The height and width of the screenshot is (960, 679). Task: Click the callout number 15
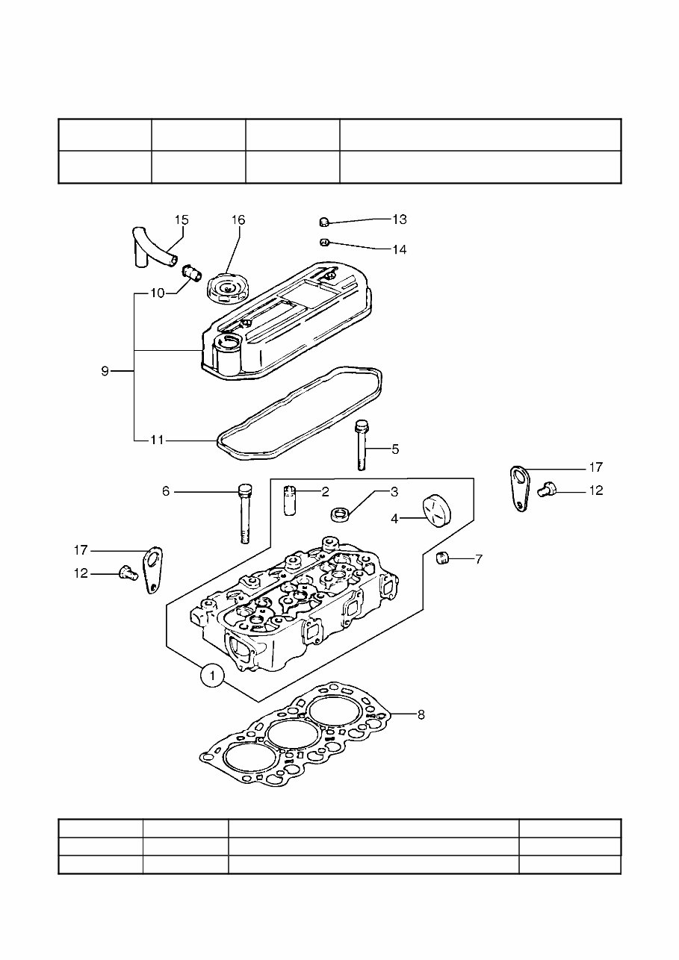point(182,219)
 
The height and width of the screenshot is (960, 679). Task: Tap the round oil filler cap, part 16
point(228,289)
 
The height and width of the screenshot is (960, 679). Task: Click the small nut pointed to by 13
point(324,221)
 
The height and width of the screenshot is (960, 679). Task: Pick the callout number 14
point(400,249)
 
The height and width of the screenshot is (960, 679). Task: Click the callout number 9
point(105,371)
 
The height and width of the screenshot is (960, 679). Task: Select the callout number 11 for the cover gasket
point(156,440)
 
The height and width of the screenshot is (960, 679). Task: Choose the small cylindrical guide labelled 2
point(290,499)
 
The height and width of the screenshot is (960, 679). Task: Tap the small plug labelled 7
point(441,558)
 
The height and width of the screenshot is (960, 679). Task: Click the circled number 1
point(213,676)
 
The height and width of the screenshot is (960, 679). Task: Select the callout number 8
point(421,714)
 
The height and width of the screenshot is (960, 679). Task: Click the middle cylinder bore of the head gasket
point(291,734)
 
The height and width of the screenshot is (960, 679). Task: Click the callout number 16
point(238,219)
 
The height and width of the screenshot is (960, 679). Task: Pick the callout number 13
point(400,219)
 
